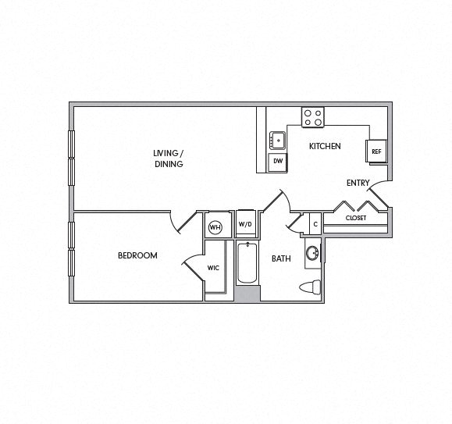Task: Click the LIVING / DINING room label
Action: point(169,159)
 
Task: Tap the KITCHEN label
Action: point(325,146)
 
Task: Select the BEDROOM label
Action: point(137,255)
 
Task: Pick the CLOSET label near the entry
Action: point(356,218)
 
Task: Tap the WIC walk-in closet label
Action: point(213,268)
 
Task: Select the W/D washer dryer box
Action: point(246,224)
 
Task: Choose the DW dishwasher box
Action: point(277,162)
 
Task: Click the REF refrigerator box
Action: point(375,151)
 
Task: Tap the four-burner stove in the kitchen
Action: point(314,117)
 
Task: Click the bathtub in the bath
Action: point(247,263)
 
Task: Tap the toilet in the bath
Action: point(310,287)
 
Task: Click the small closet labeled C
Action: point(315,224)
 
